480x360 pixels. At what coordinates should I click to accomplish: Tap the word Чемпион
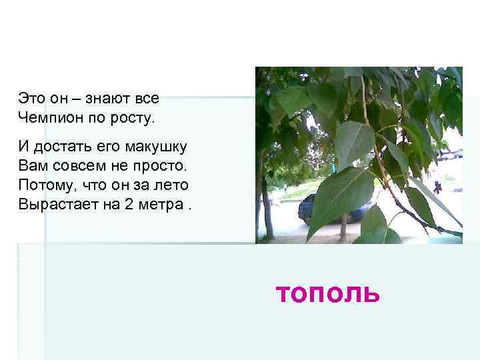[x=49, y=119]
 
